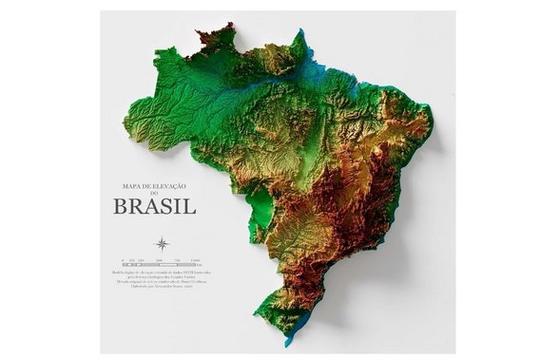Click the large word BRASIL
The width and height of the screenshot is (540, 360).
point(154,205)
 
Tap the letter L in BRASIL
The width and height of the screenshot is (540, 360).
point(190,205)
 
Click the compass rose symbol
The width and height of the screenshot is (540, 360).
point(162,244)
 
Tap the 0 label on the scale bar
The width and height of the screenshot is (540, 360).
point(122,259)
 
